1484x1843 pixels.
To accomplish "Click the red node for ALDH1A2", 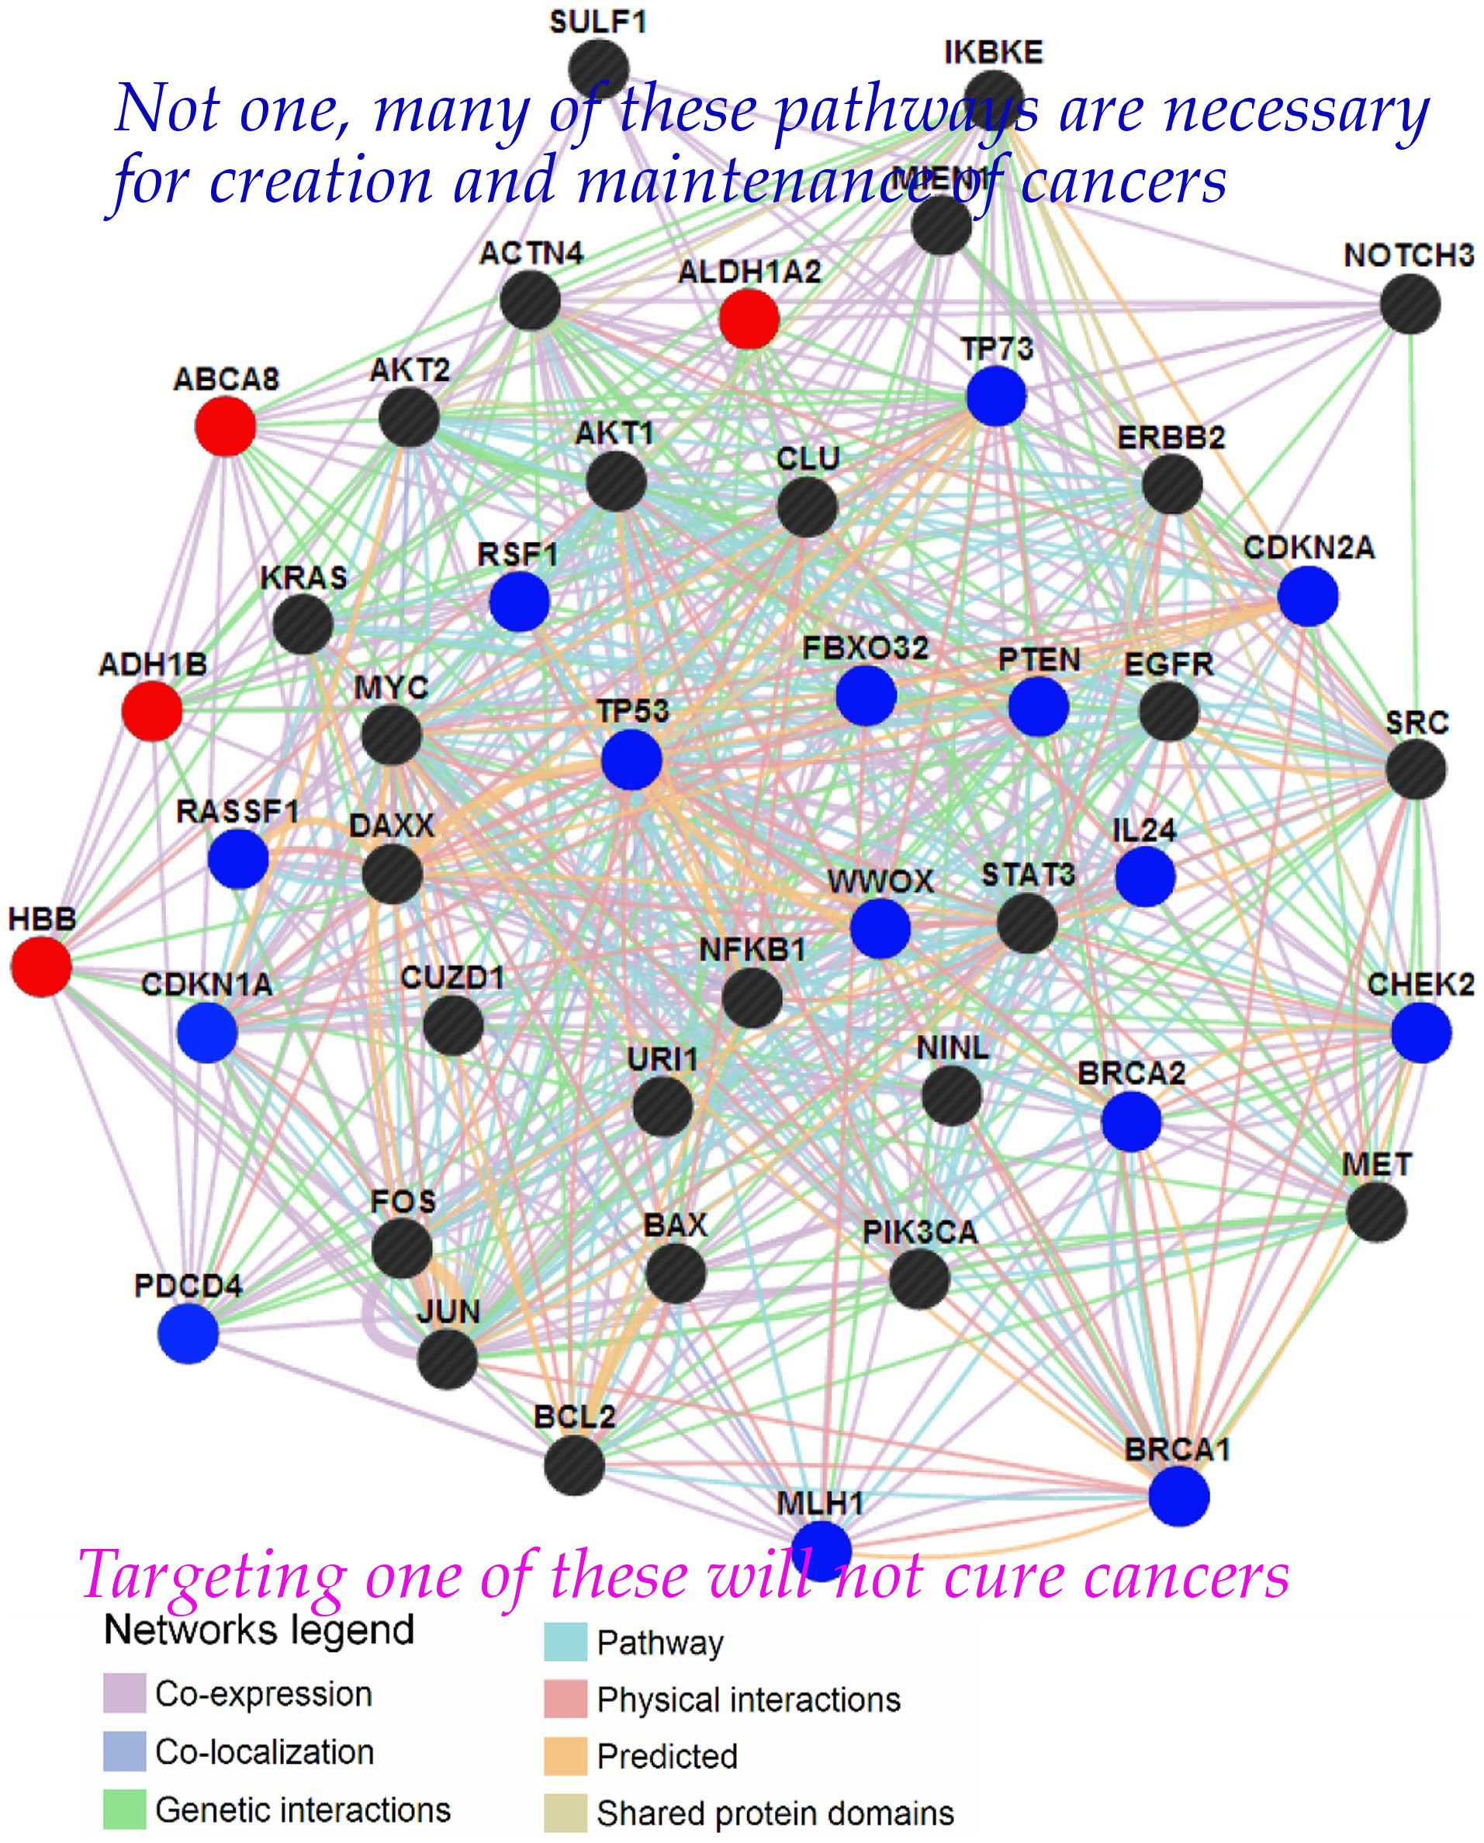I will pyautogui.click(x=749, y=319).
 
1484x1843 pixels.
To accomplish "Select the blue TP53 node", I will pyautogui.click(x=631, y=760).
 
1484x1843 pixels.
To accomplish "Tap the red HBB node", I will pyautogui.click(x=41, y=966).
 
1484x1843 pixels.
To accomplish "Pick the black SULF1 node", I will pyautogui.click(x=598, y=68).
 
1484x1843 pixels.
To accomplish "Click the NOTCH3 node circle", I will pyautogui.click(x=1410, y=304).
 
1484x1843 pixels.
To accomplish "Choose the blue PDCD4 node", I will pyautogui.click(x=188, y=1333).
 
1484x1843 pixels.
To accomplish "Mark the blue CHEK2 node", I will pyautogui.click(x=1420, y=1033).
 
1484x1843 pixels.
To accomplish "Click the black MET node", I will pyautogui.click(x=1376, y=1211).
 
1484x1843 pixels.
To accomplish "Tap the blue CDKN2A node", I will pyautogui.click(x=1308, y=596).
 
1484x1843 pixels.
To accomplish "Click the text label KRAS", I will pyautogui.click(x=303, y=577).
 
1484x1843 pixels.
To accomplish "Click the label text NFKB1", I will pyautogui.click(x=752, y=949).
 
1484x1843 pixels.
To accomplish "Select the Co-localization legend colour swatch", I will pyautogui.click(x=125, y=1751).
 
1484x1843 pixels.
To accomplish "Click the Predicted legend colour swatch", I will pyautogui.click(x=566, y=1756).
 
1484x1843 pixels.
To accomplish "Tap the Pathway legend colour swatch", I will pyautogui.click(x=566, y=1642).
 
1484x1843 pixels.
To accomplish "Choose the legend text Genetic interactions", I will pyautogui.click(x=303, y=1810).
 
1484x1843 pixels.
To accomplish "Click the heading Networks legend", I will pyautogui.click(x=259, y=1630).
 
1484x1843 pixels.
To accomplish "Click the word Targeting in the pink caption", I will pyautogui.click(x=212, y=1575).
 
